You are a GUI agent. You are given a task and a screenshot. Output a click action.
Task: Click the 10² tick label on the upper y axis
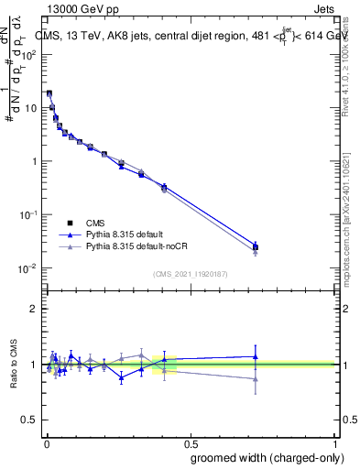click(28, 54)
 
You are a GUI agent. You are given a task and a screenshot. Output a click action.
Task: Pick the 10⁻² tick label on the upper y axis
click(28, 268)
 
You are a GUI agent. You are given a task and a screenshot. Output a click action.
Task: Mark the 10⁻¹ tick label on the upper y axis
click(28, 214)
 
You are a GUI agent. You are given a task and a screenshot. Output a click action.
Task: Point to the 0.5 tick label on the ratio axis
click(28, 420)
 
